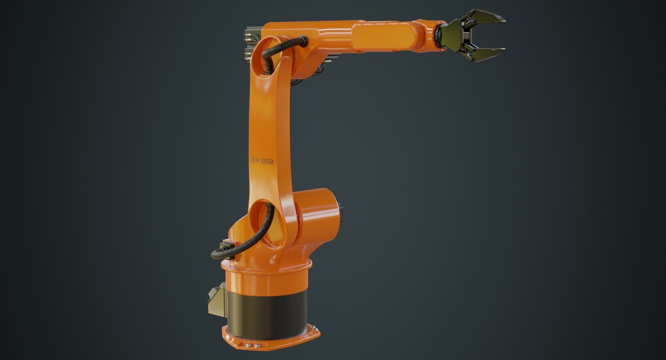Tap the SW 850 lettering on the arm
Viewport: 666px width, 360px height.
tap(262, 160)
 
